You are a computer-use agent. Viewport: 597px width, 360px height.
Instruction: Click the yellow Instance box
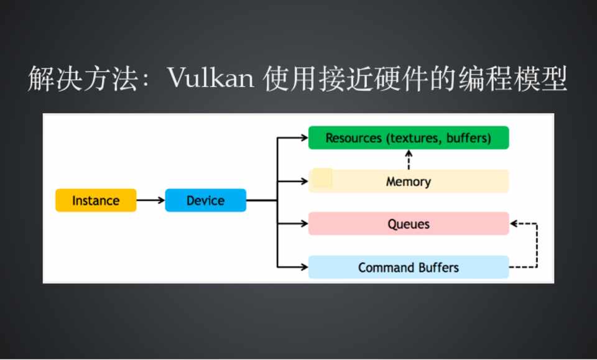96,200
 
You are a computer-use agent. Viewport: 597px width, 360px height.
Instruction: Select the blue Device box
205,200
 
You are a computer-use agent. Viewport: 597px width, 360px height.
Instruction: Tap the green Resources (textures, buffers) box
409,138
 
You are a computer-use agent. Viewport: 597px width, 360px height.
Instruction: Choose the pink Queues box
409,224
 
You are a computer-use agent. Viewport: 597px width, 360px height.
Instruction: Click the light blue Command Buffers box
409,267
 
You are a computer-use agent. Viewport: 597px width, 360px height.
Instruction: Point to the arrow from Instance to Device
150,200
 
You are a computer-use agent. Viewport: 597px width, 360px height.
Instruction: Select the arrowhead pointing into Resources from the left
303,138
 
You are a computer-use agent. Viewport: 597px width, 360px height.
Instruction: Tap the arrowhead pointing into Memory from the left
303,182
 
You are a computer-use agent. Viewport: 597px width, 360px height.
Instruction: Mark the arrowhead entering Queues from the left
303,224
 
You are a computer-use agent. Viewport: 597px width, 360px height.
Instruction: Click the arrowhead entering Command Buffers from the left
303,267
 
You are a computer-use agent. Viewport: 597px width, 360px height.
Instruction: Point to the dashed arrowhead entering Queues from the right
514,224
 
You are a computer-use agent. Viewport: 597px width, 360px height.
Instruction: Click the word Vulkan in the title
210,80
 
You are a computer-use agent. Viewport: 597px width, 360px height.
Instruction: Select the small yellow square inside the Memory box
322,178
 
